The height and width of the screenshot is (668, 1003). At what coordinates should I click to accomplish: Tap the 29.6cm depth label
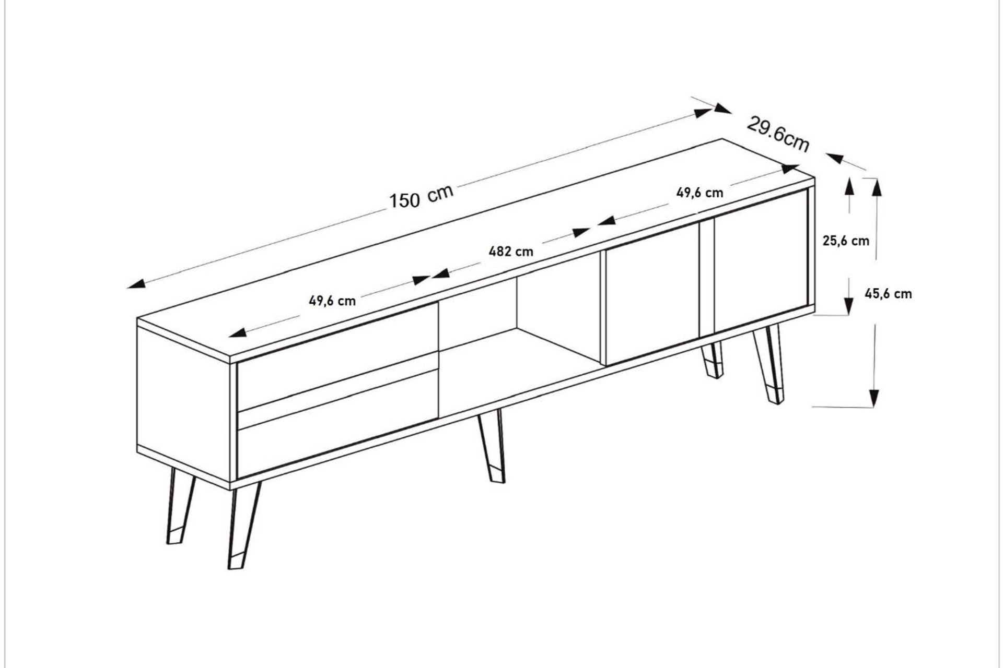778,134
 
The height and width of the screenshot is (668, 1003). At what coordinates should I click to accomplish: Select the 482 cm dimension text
511,252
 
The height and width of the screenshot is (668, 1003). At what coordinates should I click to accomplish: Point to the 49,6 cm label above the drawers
332,301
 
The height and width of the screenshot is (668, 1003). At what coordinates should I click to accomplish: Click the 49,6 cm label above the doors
700,193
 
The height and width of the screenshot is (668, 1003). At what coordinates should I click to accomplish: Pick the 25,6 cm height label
846,241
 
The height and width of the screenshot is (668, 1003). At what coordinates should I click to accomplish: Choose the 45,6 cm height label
888,294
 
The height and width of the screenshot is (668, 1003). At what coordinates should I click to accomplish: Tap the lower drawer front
337,424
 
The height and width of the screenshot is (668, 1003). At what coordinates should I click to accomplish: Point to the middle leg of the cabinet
492,446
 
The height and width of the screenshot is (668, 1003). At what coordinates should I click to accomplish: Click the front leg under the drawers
243,524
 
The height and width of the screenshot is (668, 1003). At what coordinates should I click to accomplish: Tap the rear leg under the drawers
180,506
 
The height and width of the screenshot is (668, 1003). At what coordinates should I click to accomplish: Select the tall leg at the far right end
769,364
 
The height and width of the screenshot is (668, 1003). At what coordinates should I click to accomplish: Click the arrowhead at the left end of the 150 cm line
136,284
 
